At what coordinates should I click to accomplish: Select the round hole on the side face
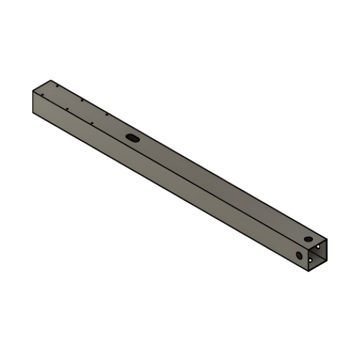(299, 255)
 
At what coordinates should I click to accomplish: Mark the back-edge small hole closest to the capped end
(57, 86)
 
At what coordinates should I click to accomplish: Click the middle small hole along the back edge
(82, 100)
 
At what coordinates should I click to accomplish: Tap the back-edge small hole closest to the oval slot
(107, 115)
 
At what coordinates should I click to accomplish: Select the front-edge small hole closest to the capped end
(42, 95)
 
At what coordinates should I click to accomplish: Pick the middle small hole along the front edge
(67, 108)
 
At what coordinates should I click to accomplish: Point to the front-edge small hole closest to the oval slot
(92, 123)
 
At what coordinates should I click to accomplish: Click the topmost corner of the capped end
(51, 80)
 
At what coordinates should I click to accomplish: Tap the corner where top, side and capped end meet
(33, 91)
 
